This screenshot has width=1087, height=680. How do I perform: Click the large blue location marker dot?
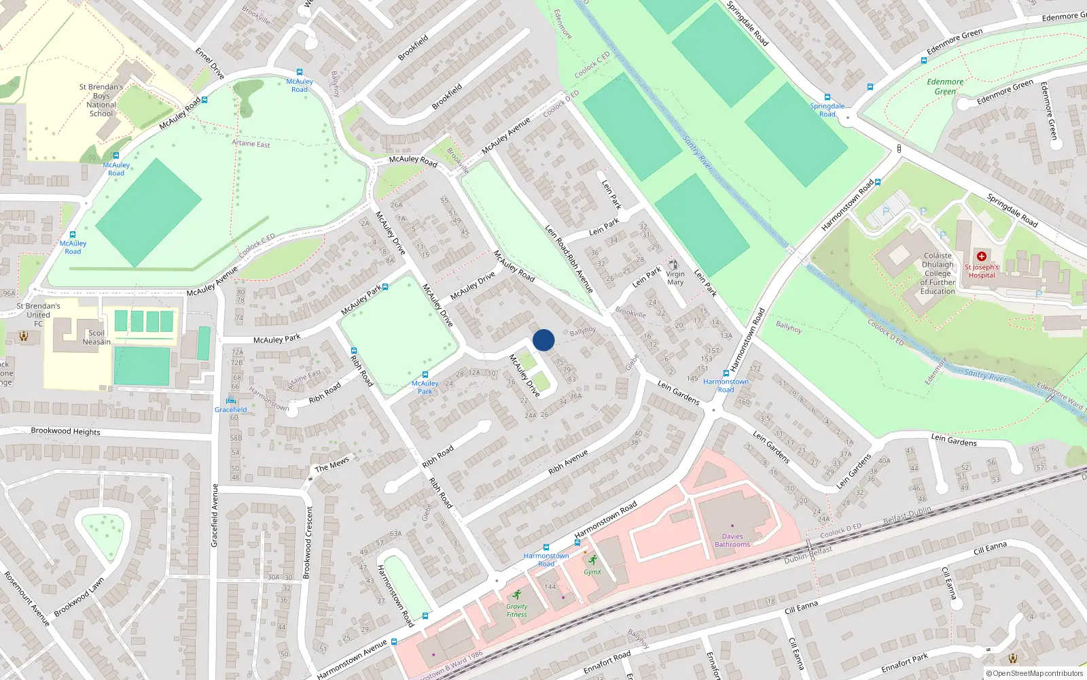pyautogui.click(x=543, y=340)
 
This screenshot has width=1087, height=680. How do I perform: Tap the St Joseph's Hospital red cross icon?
pyautogui.click(x=981, y=256)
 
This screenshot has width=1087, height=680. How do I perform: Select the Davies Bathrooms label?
pyautogui.click(x=732, y=541)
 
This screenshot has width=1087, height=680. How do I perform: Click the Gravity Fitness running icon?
pyautogui.click(x=516, y=594)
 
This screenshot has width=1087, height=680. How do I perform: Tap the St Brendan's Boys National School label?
pyautogui.click(x=101, y=100)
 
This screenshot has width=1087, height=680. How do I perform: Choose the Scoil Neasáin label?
pyautogui.click(x=96, y=337)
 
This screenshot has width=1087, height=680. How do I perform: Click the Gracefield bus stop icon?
pyautogui.click(x=231, y=400)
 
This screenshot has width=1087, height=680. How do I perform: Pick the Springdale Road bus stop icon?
pyautogui.click(x=827, y=97)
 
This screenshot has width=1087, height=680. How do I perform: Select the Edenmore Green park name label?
pyautogui.click(x=945, y=86)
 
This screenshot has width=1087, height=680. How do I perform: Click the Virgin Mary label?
pyautogui.click(x=675, y=278)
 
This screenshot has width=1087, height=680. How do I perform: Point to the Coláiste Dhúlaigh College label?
pyautogui.click(x=938, y=273)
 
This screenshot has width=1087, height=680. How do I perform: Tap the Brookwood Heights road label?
pyautogui.click(x=65, y=431)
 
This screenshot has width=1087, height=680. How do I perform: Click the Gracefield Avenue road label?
pyautogui.click(x=215, y=515)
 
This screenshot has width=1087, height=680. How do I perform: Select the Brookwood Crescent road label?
pyautogui.click(x=308, y=543)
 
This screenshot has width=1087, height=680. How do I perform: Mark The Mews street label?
pyautogui.click(x=332, y=464)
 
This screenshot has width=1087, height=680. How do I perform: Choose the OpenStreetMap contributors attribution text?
pyautogui.click(x=1035, y=673)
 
